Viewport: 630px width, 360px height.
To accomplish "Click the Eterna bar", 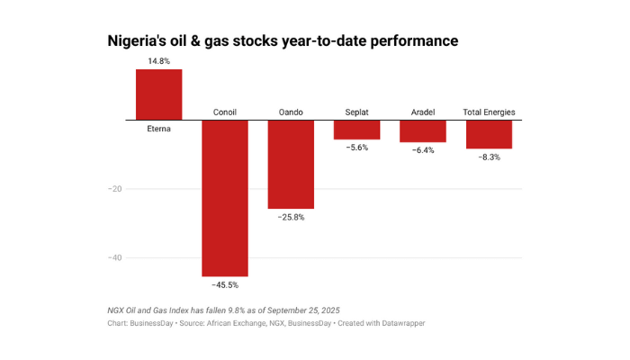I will tap(158, 94).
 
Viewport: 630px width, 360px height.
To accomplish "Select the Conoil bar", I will tap(224, 198).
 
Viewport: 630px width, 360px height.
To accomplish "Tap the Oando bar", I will tap(291, 164).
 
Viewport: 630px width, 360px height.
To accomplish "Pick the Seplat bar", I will tap(356, 130).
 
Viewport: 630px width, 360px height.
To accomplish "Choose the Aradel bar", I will tap(423, 130).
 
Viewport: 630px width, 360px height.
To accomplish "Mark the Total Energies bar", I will tap(489, 134).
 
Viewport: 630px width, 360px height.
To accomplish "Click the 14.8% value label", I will tap(158, 61).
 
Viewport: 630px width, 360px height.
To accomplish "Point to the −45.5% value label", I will tap(224, 285).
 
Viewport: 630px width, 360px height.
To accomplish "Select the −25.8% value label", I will tap(291, 217).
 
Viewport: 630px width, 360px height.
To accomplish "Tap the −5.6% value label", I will tap(356, 148).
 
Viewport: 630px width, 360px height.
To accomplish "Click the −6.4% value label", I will tap(423, 150).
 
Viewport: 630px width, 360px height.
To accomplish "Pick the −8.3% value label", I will tap(489, 157).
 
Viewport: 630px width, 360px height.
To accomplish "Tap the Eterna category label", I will tap(158, 129).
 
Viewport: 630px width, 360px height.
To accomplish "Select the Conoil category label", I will tap(224, 112).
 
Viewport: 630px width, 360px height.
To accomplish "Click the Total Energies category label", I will tap(489, 112).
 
